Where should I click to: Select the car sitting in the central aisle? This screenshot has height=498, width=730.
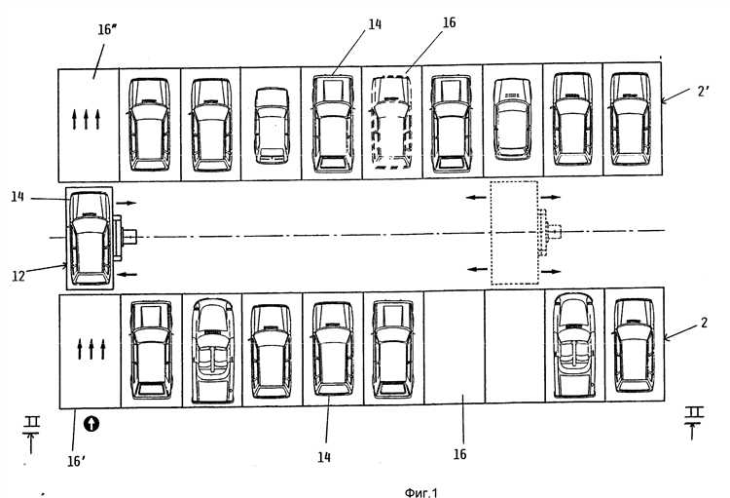[x=88, y=238]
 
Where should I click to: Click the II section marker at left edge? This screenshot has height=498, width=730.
[x=31, y=427]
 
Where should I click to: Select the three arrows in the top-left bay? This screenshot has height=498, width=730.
[x=88, y=121]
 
